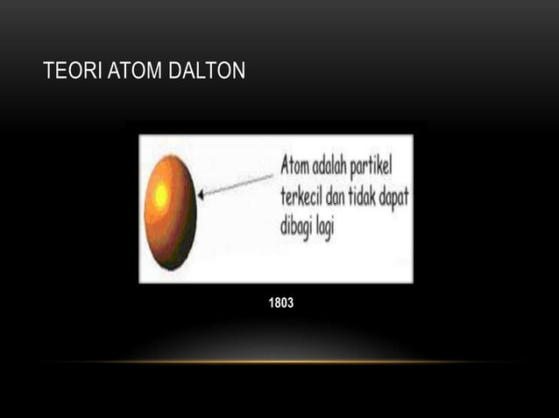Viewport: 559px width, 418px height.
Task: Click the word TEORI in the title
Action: click(x=70, y=71)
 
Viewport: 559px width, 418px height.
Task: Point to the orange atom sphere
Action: click(x=169, y=212)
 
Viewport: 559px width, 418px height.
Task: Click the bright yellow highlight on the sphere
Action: click(x=161, y=196)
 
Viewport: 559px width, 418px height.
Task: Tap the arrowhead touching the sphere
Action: click(x=202, y=195)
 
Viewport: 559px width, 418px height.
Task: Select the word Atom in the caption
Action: click(x=298, y=165)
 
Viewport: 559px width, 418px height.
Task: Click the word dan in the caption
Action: click(x=351, y=195)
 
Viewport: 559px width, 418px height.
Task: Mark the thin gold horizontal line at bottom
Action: click(x=279, y=361)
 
